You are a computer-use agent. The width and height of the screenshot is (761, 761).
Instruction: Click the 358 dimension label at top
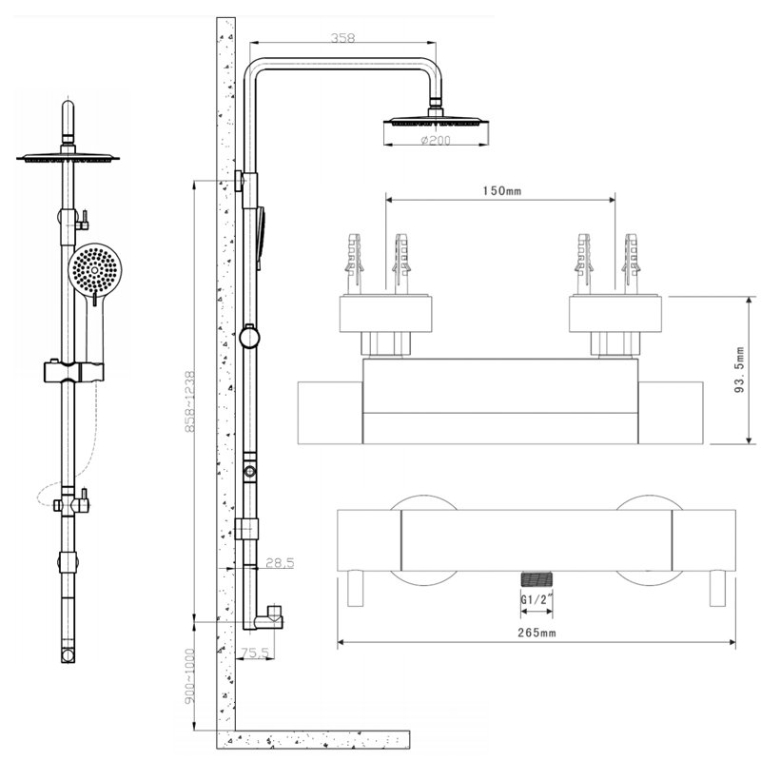[x=342, y=39]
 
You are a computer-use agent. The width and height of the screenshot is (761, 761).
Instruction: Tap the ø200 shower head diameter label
[x=434, y=142]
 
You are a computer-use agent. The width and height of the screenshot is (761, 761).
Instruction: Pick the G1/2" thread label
[x=537, y=600]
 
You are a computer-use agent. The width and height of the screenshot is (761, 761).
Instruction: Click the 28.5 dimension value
[x=280, y=563]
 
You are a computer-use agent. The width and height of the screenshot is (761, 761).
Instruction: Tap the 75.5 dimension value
[x=253, y=653]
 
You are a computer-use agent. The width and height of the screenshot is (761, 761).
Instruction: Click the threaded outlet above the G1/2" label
[x=537, y=578]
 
